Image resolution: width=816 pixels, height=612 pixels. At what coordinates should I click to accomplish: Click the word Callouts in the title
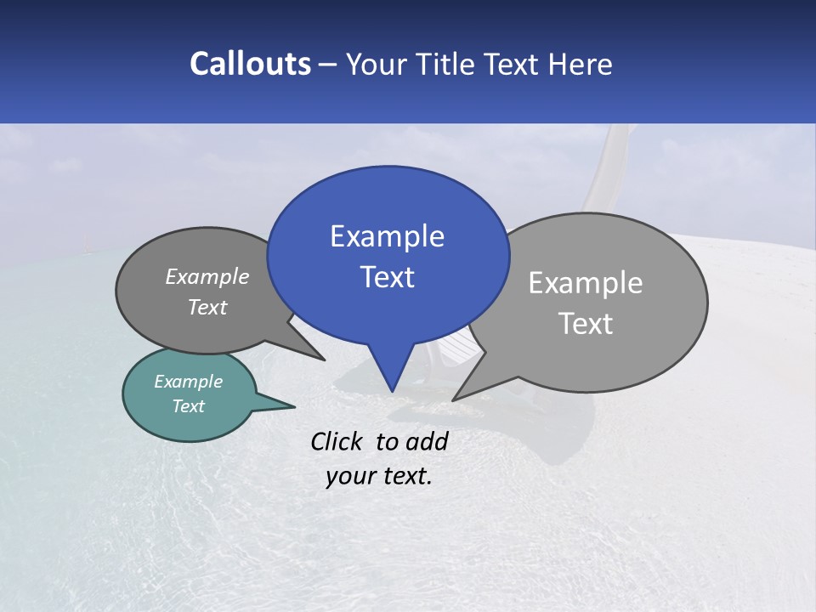[x=250, y=64]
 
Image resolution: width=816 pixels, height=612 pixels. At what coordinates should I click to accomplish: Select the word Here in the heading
[x=581, y=64]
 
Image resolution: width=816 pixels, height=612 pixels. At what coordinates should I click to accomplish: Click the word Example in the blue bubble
[x=387, y=236]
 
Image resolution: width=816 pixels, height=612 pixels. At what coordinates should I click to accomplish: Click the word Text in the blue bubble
[x=388, y=277]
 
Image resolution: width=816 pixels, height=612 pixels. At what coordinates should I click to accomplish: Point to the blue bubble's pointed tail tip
[x=392, y=390]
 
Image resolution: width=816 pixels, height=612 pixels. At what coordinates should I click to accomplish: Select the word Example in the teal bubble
[x=188, y=382]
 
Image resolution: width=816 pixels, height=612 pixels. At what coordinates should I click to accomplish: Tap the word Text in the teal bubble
[x=188, y=406]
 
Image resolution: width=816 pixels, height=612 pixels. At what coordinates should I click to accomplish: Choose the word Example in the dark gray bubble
[x=207, y=276]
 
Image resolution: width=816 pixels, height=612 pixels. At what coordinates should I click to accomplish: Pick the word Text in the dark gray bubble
[x=207, y=307]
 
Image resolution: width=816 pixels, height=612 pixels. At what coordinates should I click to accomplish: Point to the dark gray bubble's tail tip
[x=323, y=360]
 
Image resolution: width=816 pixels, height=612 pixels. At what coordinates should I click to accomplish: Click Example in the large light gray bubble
[x=586, y=283]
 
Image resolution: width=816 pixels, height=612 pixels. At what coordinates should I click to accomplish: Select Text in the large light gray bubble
[x=586, y=324]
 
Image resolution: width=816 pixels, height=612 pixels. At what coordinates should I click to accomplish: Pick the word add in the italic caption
[x=427, y=441]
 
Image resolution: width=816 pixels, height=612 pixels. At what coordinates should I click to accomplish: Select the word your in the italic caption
[x=350, y=476]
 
